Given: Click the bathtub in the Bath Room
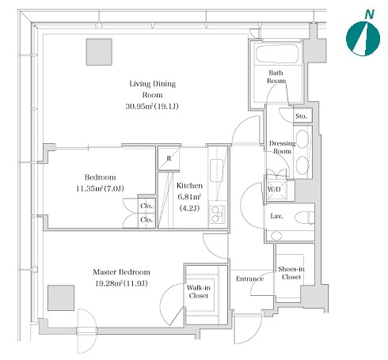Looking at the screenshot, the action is pos(277,54).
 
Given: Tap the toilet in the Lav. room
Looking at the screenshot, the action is pos(304,218).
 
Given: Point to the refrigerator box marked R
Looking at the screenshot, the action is pos(169,158).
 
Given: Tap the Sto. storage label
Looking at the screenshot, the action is pos(301,116).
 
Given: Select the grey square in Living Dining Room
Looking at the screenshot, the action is pos(99,52).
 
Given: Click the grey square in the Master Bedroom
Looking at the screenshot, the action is pos(61,297).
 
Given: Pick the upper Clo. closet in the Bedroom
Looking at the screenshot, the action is pos(146,206).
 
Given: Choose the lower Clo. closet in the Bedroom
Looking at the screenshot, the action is pos(146,220).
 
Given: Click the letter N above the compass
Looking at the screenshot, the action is pos(369,14).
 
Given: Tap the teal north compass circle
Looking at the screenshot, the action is pos(363,39).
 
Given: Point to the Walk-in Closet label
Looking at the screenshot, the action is pos(199,291).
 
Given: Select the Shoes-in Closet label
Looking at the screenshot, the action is pos(291,273).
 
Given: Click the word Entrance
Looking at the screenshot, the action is pos(249,279).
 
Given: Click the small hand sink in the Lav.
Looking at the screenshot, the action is pos(276,236).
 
